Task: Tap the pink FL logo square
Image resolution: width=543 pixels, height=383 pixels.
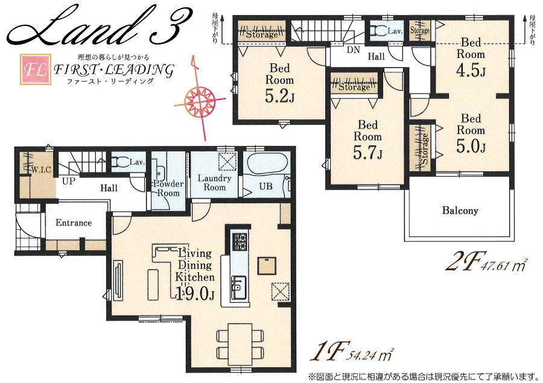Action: coord(36,69)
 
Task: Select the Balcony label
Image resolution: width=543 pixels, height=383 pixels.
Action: coord(460,210)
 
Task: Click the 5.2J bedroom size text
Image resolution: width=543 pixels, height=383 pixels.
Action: coord(279,97)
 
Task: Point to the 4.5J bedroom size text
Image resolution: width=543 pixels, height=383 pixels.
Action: coord(471,71)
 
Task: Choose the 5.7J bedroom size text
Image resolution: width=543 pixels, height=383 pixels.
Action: coord(368,153)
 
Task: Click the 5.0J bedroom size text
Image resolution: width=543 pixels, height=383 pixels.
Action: coord(471,146)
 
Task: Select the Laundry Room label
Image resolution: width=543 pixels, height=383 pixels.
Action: coord(214,183)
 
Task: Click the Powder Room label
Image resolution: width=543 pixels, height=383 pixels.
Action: coord(168,188)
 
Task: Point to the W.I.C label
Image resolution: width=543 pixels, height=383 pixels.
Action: coord(41,169)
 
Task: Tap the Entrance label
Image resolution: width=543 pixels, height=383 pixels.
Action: coord(74,223)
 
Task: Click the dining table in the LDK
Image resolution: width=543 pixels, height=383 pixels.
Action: coord(240,344)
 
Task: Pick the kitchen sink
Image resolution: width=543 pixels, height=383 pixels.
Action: coord(238,284)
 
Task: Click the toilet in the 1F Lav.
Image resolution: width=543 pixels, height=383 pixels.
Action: coord(121,162)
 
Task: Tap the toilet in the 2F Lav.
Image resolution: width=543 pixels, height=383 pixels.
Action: coord(378,31)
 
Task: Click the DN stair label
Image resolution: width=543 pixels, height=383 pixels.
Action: coord(353,50)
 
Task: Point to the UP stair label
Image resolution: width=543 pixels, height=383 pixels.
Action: coord(68,181)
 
